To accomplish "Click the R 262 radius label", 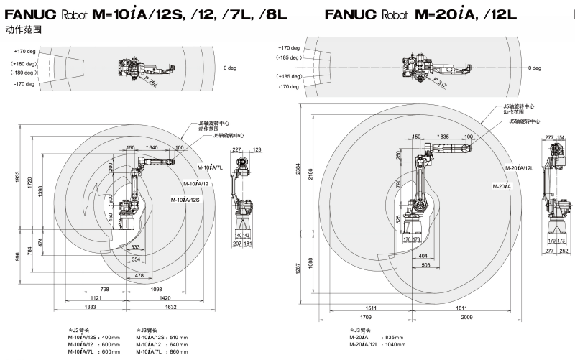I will click(x=149, y=83).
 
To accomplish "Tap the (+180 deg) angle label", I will click(x=26, y=64).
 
